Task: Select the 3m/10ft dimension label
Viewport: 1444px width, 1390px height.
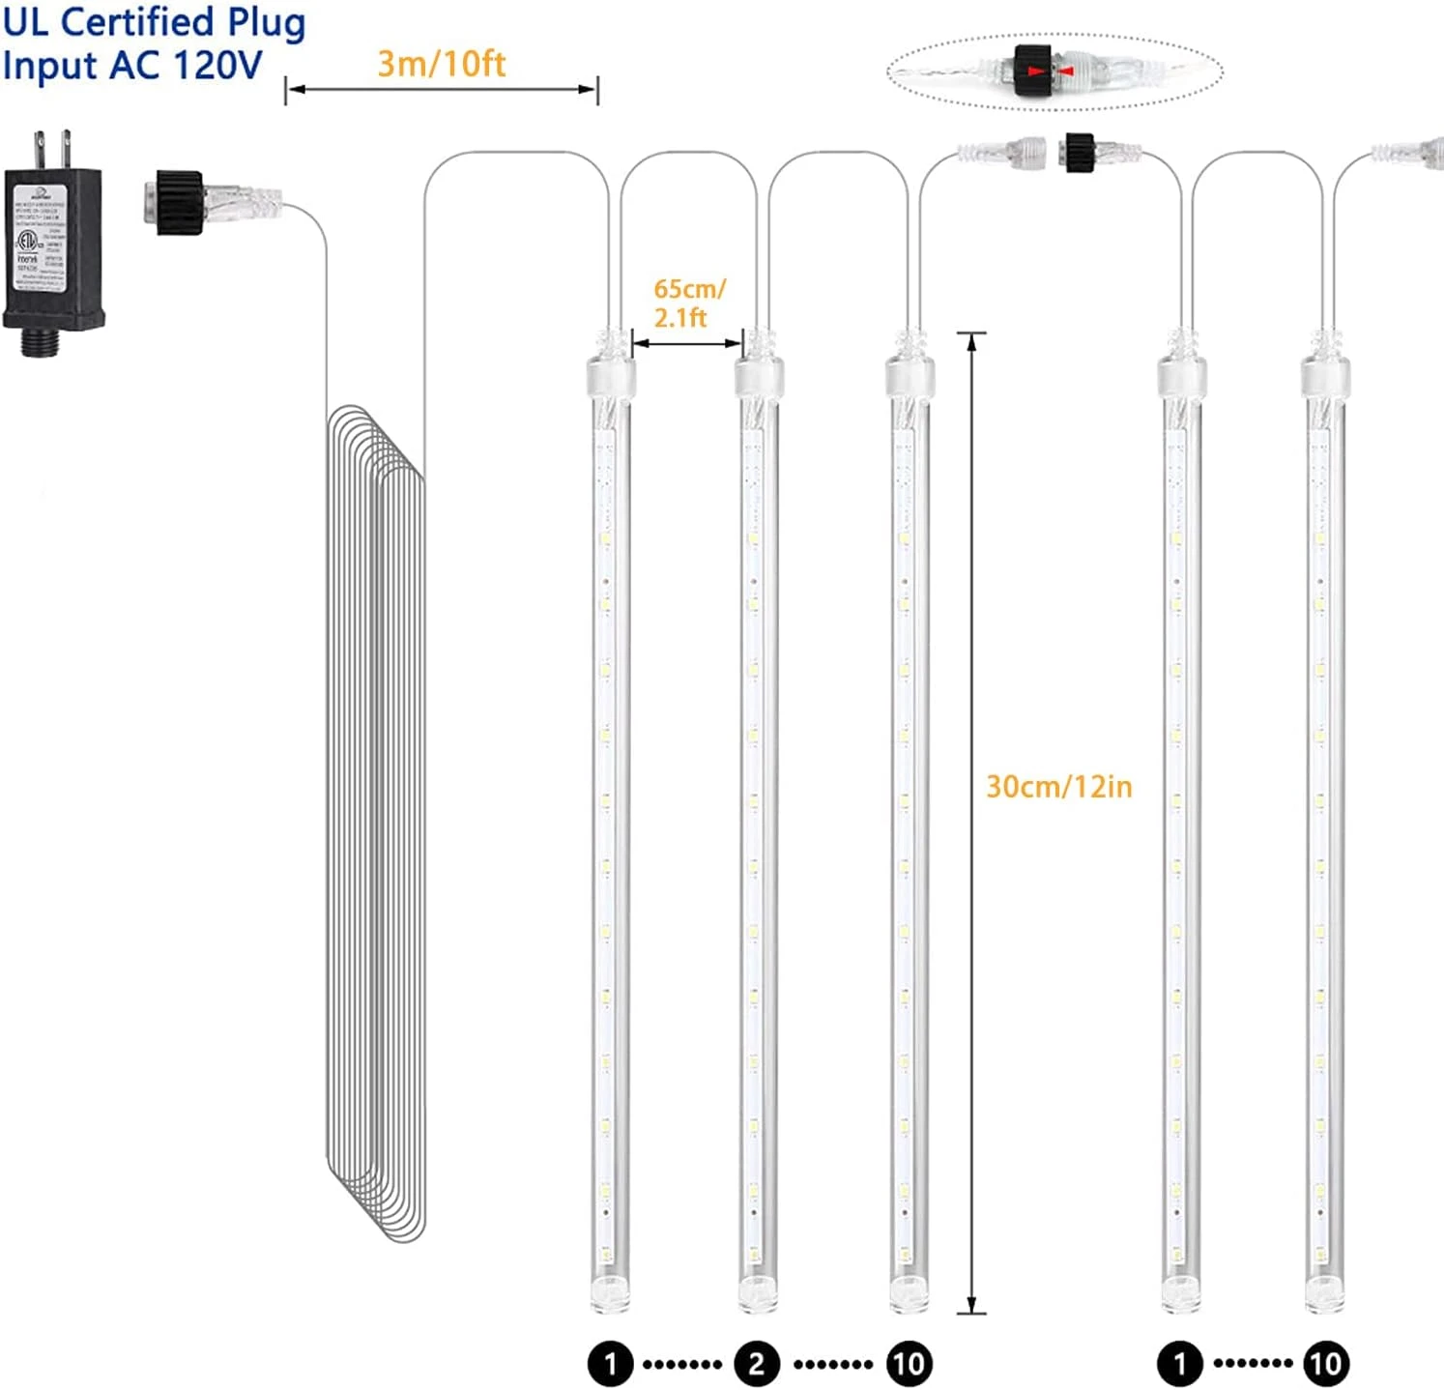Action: click(x=441, y=64)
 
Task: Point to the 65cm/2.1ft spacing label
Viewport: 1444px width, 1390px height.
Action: click(x=688, y=303)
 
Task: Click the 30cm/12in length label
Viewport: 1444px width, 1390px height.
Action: click(x=1058, y=786)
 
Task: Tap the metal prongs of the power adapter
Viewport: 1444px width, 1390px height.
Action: click(x=53, y=149)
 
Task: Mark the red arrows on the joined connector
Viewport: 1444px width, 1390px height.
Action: click(x=1050, y=72)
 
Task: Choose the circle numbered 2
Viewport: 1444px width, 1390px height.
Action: click(x=756, y=1364)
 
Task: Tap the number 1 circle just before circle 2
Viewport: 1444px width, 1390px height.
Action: click(x=610, y=1364)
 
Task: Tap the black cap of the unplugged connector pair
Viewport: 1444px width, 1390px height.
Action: click(x=1079, y=153)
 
